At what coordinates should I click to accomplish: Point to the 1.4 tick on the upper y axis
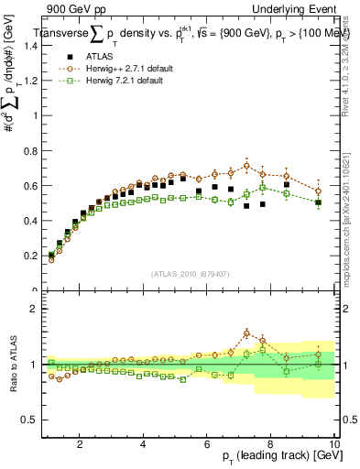[x=28, y=46]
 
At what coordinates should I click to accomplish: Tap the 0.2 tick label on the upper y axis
[x=28, y=256]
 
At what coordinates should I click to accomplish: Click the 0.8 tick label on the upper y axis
[x=28, y=151]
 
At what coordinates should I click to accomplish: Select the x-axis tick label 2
[x=80, y=443]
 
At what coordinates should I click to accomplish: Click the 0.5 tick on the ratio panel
[x=28, y=419]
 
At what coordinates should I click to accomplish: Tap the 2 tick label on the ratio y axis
[x=33, y=309]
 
